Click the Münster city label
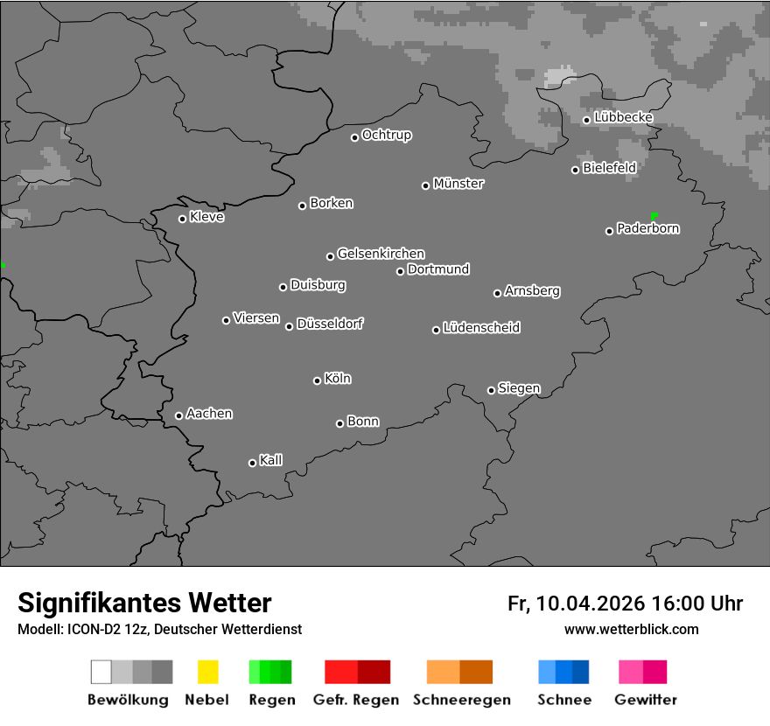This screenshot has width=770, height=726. pos(458,184)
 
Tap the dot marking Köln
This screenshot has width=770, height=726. pos(317,380)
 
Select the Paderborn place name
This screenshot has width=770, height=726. pos(648,229)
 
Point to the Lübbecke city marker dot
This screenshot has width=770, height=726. pos(586,120)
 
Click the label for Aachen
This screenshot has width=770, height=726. pos(209,414)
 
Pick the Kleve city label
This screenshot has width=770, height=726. pos(206,217)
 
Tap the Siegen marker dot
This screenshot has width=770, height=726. pos(491,390)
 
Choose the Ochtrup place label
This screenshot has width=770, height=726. pos(387,136)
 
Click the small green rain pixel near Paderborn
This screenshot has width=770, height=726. pos(654,215)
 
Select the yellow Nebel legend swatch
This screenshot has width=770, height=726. pos(207,672)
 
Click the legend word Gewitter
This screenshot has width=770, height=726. pos(646,700)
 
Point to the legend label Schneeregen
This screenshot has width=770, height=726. pos(462,700)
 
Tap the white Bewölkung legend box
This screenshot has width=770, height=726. pos(101,672)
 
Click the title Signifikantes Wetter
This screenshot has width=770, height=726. pos(144,604)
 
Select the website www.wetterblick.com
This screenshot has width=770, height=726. pos(631,629)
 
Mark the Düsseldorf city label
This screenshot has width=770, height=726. pos(330,324)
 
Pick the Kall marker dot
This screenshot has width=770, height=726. pos(252,463)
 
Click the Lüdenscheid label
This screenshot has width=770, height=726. pos(481,328)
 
